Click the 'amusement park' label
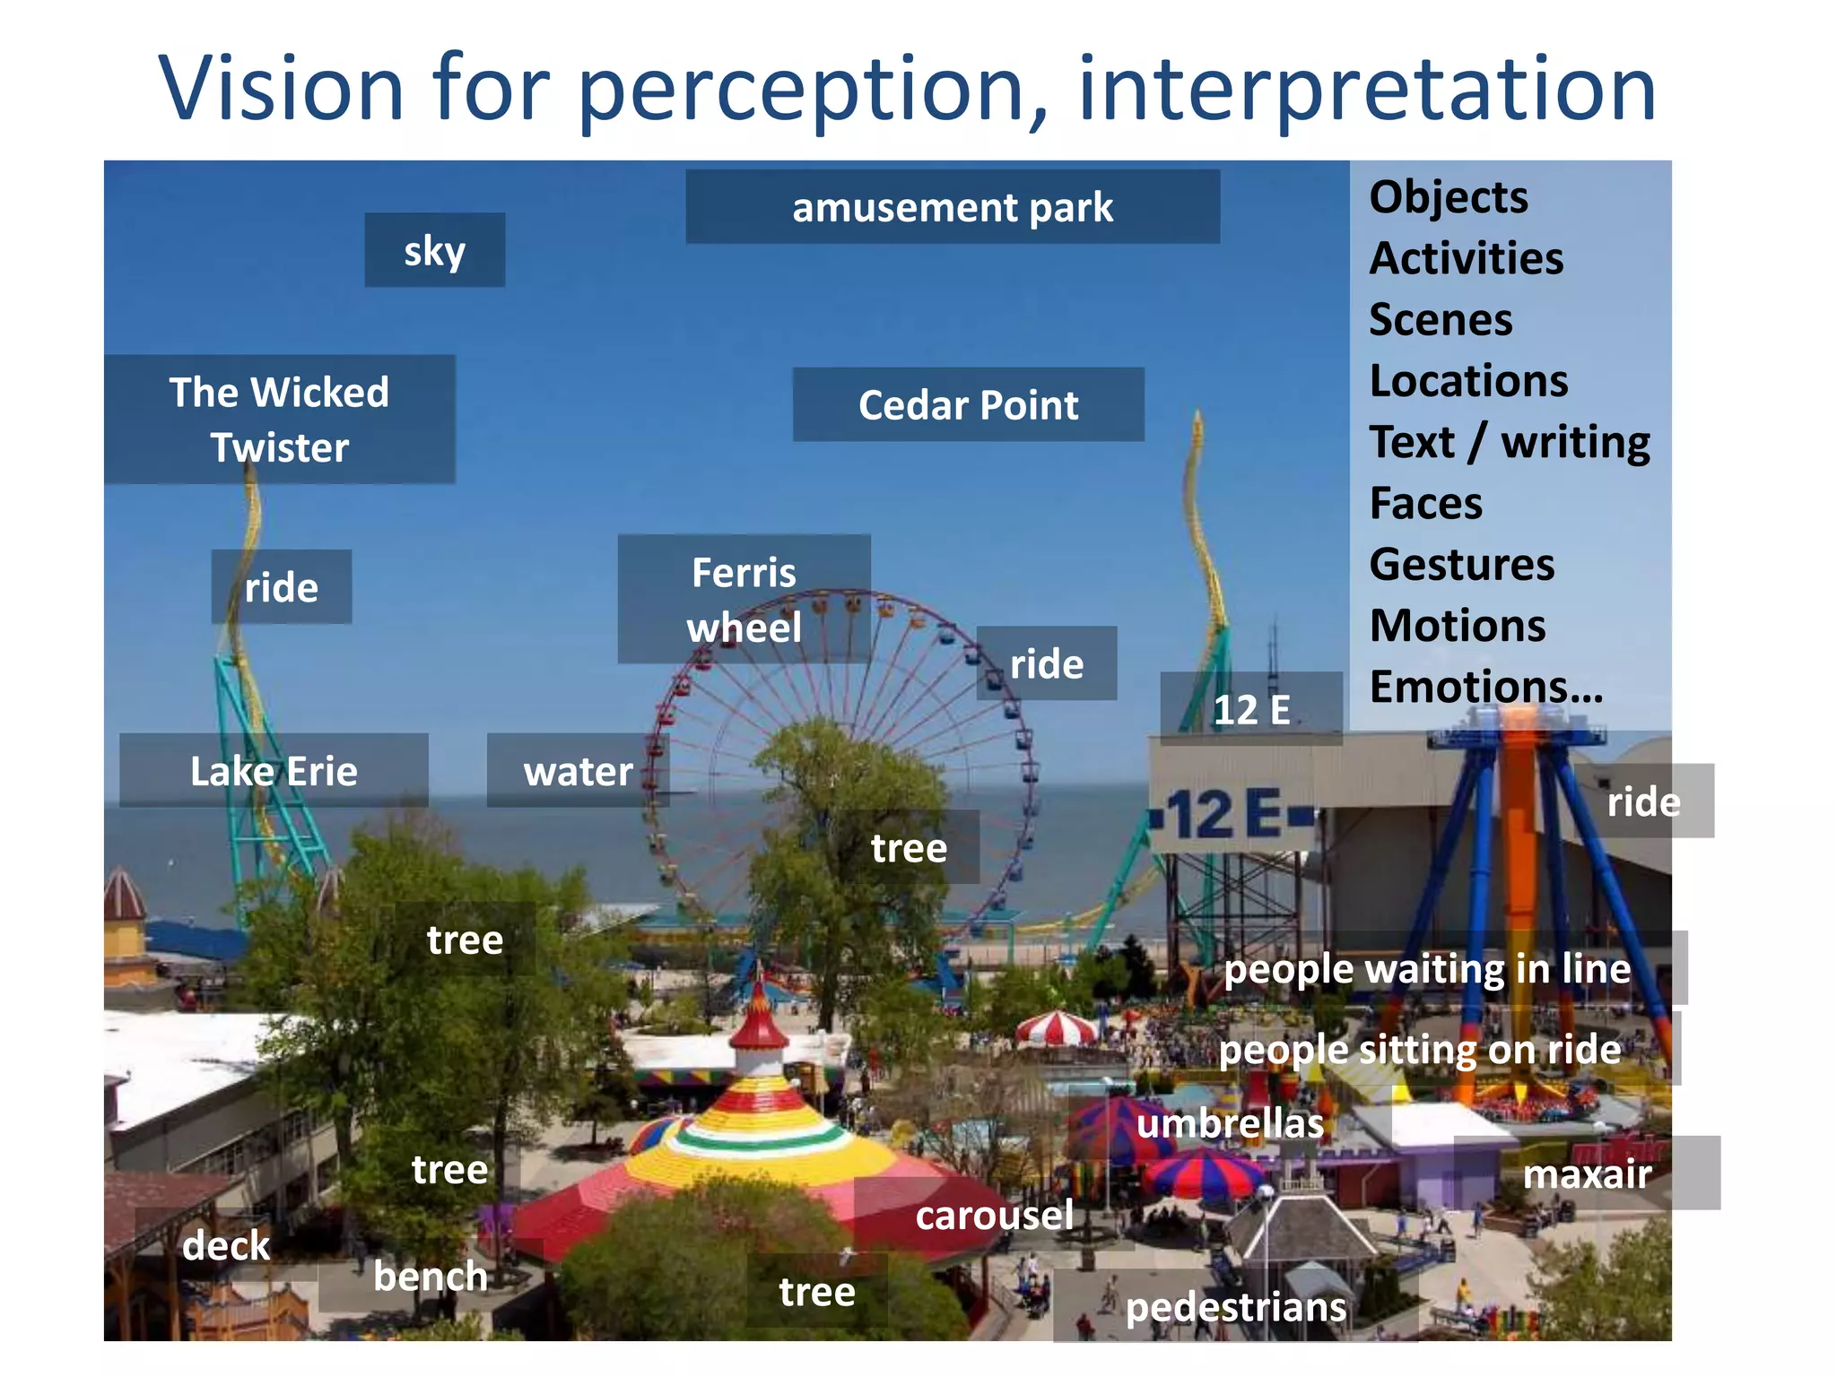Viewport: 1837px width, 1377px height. pyautogui.click(x=952, y=207)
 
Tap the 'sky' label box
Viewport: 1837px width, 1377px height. pyautogui.click(x=434, y=250)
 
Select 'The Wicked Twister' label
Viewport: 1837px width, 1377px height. pyautogui.click(x=279, y=420)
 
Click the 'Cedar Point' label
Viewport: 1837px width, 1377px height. pyautogui.click(x=968, y=404)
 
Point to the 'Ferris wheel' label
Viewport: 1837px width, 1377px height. pyautogui.click(x=744, y=599)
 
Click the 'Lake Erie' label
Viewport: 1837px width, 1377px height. pyautogui.click(x=274, y=771)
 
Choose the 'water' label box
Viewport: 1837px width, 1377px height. pyautogui.click(x=578, y=771)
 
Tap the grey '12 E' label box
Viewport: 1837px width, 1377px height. pyautogui.click(x=1250, y=709)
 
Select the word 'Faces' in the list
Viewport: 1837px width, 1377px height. pyautogui.click(x=1425, y=503)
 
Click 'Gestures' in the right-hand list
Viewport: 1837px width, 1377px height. pyautogui.click(x=1461, y=564)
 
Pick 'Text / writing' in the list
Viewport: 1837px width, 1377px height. pyautogui.click(x=1509, y=442)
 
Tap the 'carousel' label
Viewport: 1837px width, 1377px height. pyautogui.click(x=994, y=1215)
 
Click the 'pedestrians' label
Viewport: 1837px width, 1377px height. pyautogui.click(x=1235, y=1306)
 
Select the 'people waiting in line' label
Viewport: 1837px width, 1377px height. pyautogui.click(x=1426, y=968)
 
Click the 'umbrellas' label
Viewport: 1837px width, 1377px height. pyautogui.click(x=1229, y=1122)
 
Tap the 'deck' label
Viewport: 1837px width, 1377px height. pyautogui.click(x=225, y=1244)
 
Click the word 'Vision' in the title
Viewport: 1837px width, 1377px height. pyautogui.click(x=282, y=88)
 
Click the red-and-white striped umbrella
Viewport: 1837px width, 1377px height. pyautogui.click(x=1056, y=1027)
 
